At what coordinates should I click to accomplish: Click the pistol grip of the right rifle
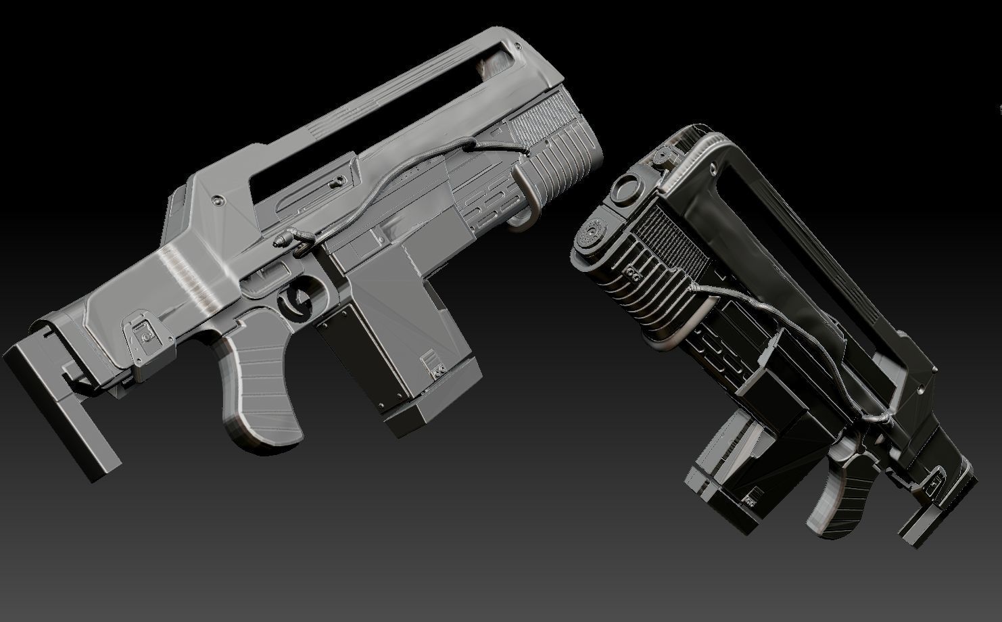838,494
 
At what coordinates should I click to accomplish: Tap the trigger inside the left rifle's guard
296,302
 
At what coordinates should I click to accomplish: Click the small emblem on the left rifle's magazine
431,366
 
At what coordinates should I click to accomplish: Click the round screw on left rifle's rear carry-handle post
218,201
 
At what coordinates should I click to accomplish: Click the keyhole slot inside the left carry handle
335,182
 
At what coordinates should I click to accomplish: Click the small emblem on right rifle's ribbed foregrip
634,275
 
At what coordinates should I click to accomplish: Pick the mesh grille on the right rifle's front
666,237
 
